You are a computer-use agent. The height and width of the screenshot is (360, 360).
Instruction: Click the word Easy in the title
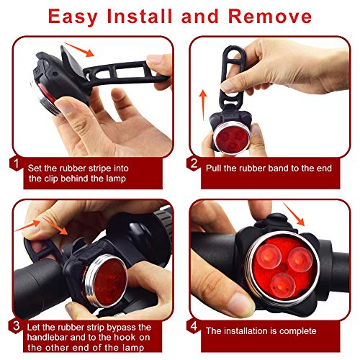73,17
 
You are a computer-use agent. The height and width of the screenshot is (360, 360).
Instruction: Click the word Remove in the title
270,17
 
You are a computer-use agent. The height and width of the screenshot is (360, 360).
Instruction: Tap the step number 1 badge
16,164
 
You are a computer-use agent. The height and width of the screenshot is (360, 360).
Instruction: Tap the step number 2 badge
194,164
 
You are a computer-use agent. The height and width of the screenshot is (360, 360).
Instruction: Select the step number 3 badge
16,326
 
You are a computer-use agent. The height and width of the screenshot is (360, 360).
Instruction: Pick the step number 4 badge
194,326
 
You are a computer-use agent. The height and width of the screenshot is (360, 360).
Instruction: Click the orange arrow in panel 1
79,50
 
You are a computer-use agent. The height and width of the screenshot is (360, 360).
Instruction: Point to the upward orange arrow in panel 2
203,105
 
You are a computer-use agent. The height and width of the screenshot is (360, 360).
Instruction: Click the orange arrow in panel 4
294,214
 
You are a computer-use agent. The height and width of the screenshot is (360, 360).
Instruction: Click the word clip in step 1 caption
51,179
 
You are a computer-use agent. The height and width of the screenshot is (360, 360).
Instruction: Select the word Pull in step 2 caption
213,168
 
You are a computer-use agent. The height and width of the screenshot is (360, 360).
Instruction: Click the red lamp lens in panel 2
232,139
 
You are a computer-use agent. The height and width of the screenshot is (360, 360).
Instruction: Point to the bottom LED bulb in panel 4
282,285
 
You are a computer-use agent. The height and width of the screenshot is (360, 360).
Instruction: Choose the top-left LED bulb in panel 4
269,256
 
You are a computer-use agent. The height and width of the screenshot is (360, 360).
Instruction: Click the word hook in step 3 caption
125,337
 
